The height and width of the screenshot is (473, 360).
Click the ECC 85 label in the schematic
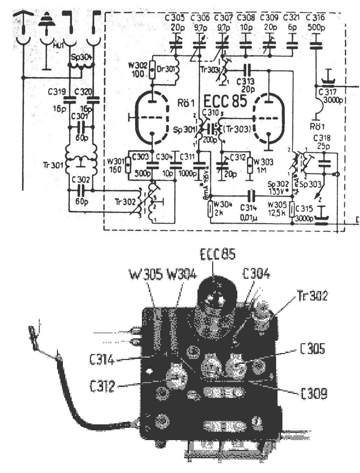click(225, 101)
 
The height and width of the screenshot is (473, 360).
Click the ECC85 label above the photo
click(217, 254)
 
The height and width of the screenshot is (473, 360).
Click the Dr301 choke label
click(166, 69)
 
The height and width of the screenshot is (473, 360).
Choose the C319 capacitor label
click(57, 92)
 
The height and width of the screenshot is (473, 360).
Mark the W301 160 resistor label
click(116, 165)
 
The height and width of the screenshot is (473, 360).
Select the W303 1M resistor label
click(263, 165)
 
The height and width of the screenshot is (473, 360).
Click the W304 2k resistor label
click(223, 208)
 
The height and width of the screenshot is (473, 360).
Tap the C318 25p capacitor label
click(322, 142)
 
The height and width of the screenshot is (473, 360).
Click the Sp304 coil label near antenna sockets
click(81, 57)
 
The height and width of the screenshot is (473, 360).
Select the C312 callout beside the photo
click(102, 386)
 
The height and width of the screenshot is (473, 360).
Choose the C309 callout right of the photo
click(314, 394)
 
